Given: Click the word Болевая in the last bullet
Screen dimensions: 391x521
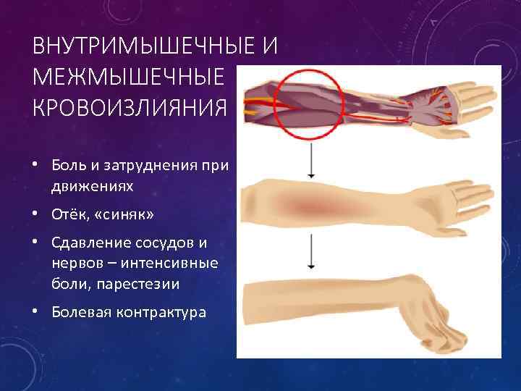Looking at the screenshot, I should click(76, 312).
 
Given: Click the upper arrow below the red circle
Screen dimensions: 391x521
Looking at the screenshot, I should click(310, 159).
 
